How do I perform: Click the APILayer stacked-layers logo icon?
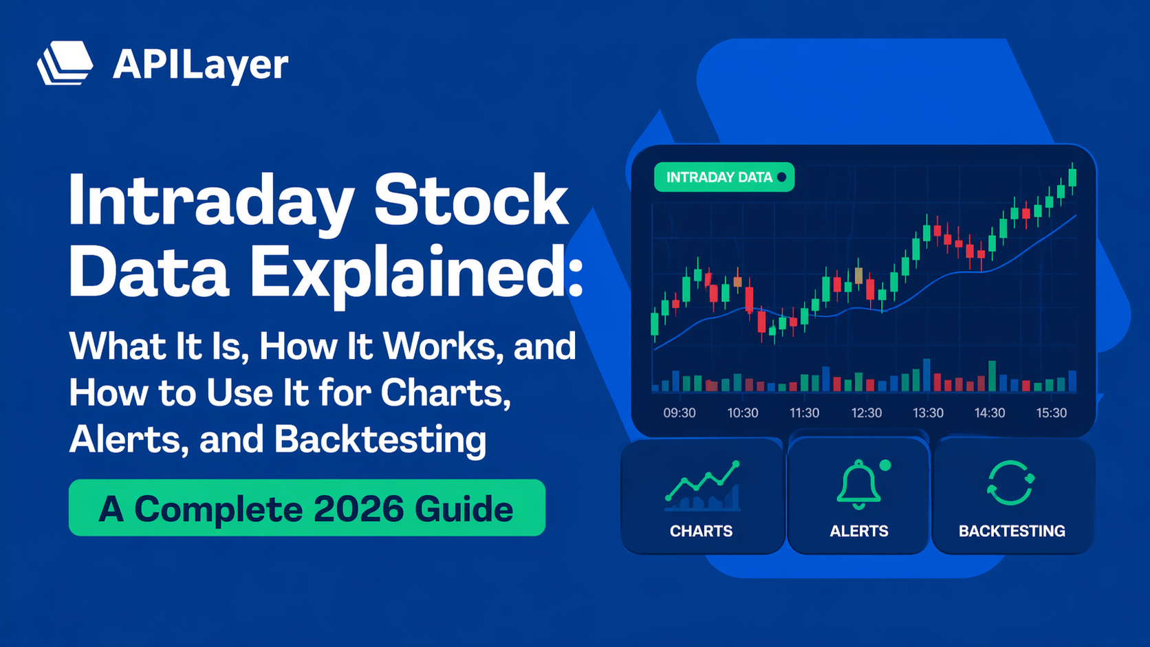65,63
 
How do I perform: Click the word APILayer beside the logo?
200,65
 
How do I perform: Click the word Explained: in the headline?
415,274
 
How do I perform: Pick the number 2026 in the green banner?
358,509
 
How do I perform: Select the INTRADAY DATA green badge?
724,177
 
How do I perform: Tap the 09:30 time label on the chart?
679,413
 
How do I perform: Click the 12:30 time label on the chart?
866,413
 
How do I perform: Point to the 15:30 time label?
1051,413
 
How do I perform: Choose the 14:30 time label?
989,413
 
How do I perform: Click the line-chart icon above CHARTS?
702,486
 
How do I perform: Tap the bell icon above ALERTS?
858,485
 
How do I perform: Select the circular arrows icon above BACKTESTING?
1010,483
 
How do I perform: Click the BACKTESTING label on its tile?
1012,531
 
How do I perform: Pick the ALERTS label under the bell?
858,531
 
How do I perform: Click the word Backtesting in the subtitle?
380,439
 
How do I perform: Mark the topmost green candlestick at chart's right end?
1072,177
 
